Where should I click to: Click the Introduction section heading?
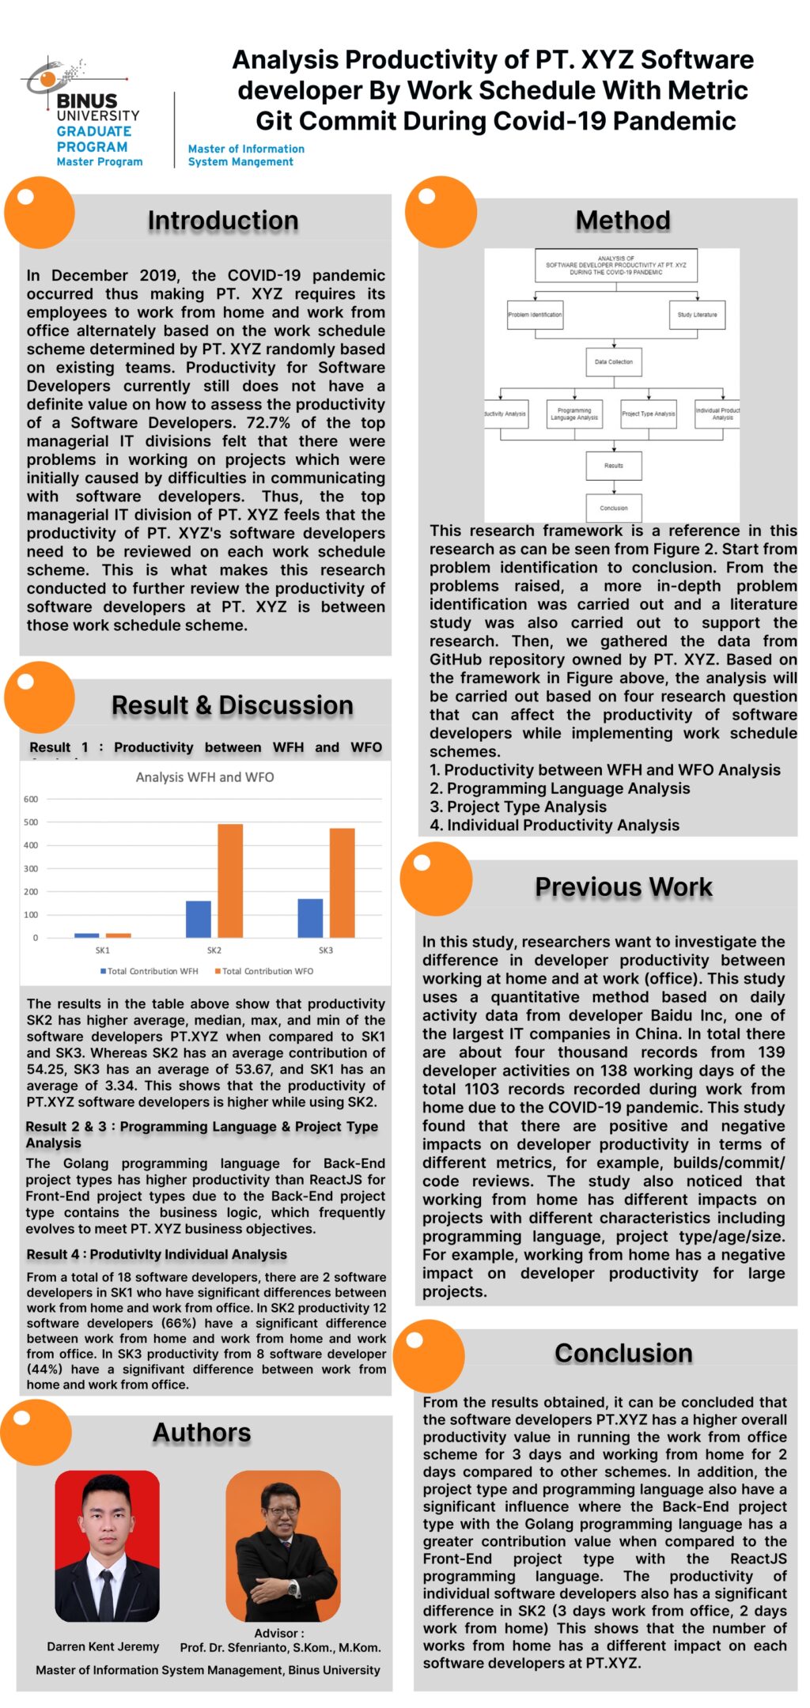pos(222,221)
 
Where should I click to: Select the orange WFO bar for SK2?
pos(230,880)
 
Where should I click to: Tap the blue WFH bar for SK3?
pos(310,917)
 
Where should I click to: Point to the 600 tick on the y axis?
pos(31,799)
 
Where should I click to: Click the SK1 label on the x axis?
pos(103,950)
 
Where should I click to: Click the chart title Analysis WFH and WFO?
pos(205,777)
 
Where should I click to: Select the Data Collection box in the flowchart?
pos(614,361)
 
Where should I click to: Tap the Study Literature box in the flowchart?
pos(697,315)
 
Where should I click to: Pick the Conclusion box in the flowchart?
pos(614,508)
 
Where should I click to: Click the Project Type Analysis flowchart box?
pos(648,414)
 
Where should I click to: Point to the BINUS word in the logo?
pos(86,101)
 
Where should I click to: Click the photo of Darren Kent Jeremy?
pos(107,1545)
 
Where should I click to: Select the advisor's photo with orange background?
pos(282,1545)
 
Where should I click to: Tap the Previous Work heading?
pos(623,886)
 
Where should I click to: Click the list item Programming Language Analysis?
pos(560,788)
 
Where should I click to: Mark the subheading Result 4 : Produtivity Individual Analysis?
pos(157,1254)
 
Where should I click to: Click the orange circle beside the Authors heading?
pos(36,1432)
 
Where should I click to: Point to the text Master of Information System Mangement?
pos(245,155)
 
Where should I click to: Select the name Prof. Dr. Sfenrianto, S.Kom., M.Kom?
pos(280,1648)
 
